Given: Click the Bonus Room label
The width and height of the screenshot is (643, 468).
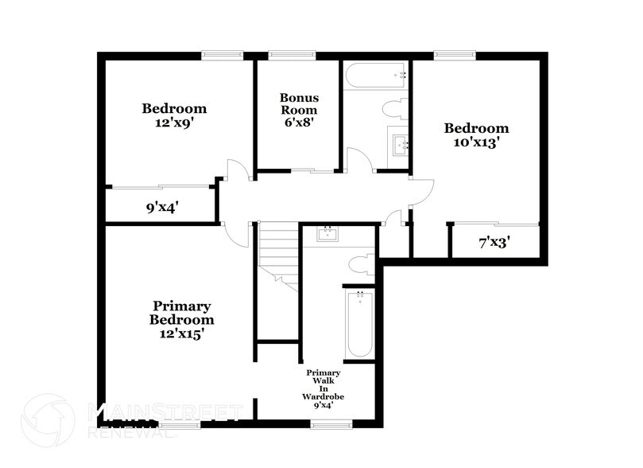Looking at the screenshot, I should [298, 103].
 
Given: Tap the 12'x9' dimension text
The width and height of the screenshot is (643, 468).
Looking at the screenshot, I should [174, 123].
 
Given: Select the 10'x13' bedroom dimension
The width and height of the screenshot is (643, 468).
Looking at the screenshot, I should [475, 142].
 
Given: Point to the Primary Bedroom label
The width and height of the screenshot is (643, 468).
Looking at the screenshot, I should [181, 313].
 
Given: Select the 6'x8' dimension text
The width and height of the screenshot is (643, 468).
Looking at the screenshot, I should [298, 123].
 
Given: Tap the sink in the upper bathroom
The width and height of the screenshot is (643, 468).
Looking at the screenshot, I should [399, 144].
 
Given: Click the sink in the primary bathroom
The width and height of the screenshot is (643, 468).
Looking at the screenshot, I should [327, 234].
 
